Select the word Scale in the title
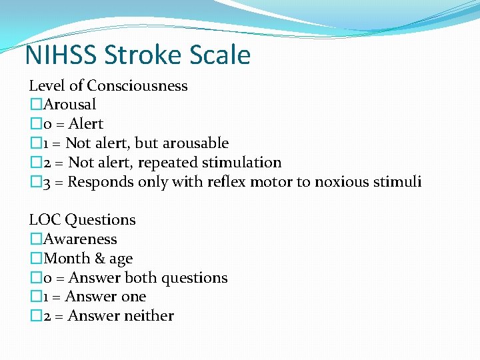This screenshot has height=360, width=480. [x=222, y=55]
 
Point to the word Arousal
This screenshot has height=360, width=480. [x=69, y=105]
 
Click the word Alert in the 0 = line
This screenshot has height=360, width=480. [x=85, y=124]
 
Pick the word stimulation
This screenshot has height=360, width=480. [x=243, y=163]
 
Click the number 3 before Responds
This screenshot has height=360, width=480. [x=47, y=182]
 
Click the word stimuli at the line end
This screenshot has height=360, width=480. [x=399, y=182]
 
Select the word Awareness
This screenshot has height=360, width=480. [x=79, y=239]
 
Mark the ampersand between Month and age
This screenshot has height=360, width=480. [x=96, y=259]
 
